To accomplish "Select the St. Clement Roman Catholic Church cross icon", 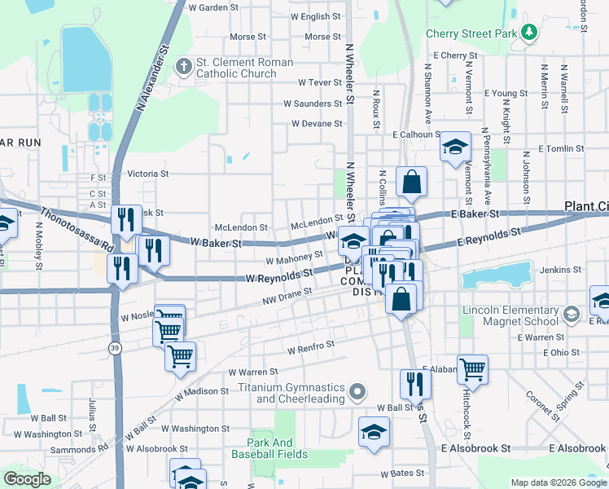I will point(182,66).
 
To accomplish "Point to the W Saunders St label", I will point(313,104).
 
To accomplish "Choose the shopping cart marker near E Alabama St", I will point(472,370).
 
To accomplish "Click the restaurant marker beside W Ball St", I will point(415,383).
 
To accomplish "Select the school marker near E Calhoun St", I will point(455,148).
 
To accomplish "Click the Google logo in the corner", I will point(27,479).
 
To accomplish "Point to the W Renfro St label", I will point(311,347).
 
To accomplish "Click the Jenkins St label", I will point(559,269).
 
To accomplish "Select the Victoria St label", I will point(148,174).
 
